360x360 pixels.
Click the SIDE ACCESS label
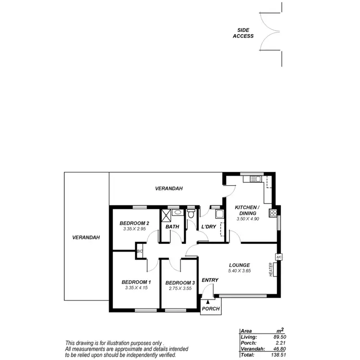coord(243,33)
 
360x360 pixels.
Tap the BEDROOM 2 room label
coord(134,223)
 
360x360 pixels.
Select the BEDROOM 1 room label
coord(136,282)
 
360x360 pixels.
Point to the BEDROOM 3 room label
coord(180,283)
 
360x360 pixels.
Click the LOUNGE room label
coord(239,264)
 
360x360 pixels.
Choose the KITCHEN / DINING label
coord(247,210)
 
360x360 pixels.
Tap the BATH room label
coord(172,227)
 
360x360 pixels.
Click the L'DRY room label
coord(209,227)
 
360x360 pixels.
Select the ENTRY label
coord(210,280)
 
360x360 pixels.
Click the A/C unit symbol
coord(278,257)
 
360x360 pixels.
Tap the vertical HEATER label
coord(271,269)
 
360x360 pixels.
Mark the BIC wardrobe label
coord(140,251)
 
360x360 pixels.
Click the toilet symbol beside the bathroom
coord(192,215)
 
